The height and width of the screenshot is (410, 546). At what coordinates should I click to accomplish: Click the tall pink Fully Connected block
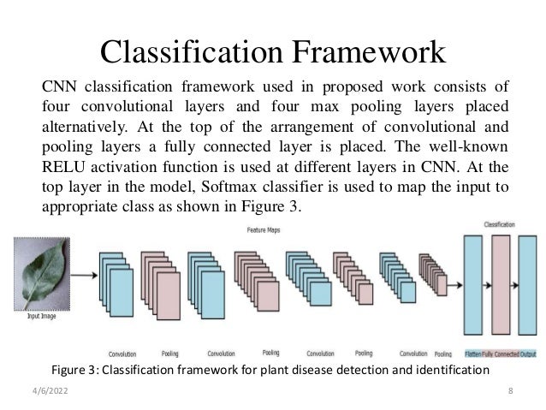(x=502, y=287)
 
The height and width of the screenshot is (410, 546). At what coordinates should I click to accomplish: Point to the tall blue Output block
(x=530, y=287)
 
